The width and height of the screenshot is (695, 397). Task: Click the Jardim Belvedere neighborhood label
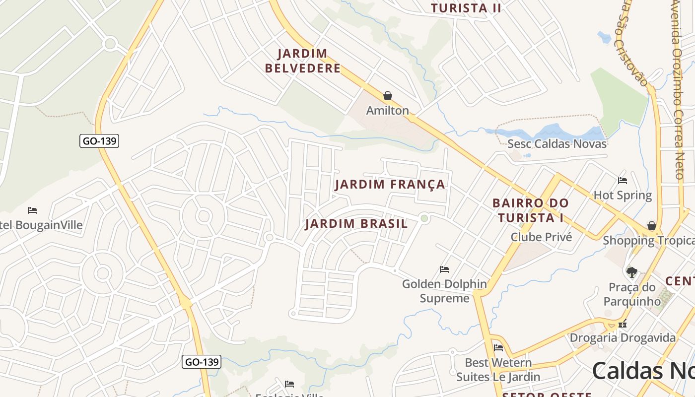point(303,61)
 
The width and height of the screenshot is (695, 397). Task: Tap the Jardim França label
point(390,185)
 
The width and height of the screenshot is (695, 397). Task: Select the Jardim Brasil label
point(356,224)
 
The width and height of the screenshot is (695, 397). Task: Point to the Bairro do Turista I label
point(530,210)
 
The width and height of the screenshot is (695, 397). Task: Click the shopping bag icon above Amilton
point(388,96)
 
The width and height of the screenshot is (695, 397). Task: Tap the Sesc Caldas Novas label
point(556,144)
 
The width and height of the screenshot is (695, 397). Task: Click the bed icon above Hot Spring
point(623,181)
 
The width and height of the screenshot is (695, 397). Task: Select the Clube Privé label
point(541,237)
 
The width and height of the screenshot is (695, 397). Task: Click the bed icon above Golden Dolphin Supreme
point(444,269)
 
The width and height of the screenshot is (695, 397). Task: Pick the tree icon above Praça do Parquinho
point(631,272)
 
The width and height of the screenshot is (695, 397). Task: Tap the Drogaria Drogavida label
point(623,338)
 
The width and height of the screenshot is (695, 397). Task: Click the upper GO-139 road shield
point(99,141)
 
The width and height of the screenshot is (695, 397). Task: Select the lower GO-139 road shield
point(201,362)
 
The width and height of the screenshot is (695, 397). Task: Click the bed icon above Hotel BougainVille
point(32,210)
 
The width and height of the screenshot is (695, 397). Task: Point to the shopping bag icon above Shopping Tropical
point(652,226)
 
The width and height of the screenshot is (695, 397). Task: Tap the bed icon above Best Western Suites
point(498,348)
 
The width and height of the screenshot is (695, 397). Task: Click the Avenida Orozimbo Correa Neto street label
point(679,89)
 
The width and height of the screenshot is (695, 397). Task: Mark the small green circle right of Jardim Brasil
point(424,218)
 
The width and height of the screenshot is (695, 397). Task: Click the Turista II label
point(466,8)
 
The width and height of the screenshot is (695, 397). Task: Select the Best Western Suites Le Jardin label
point(498,370)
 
